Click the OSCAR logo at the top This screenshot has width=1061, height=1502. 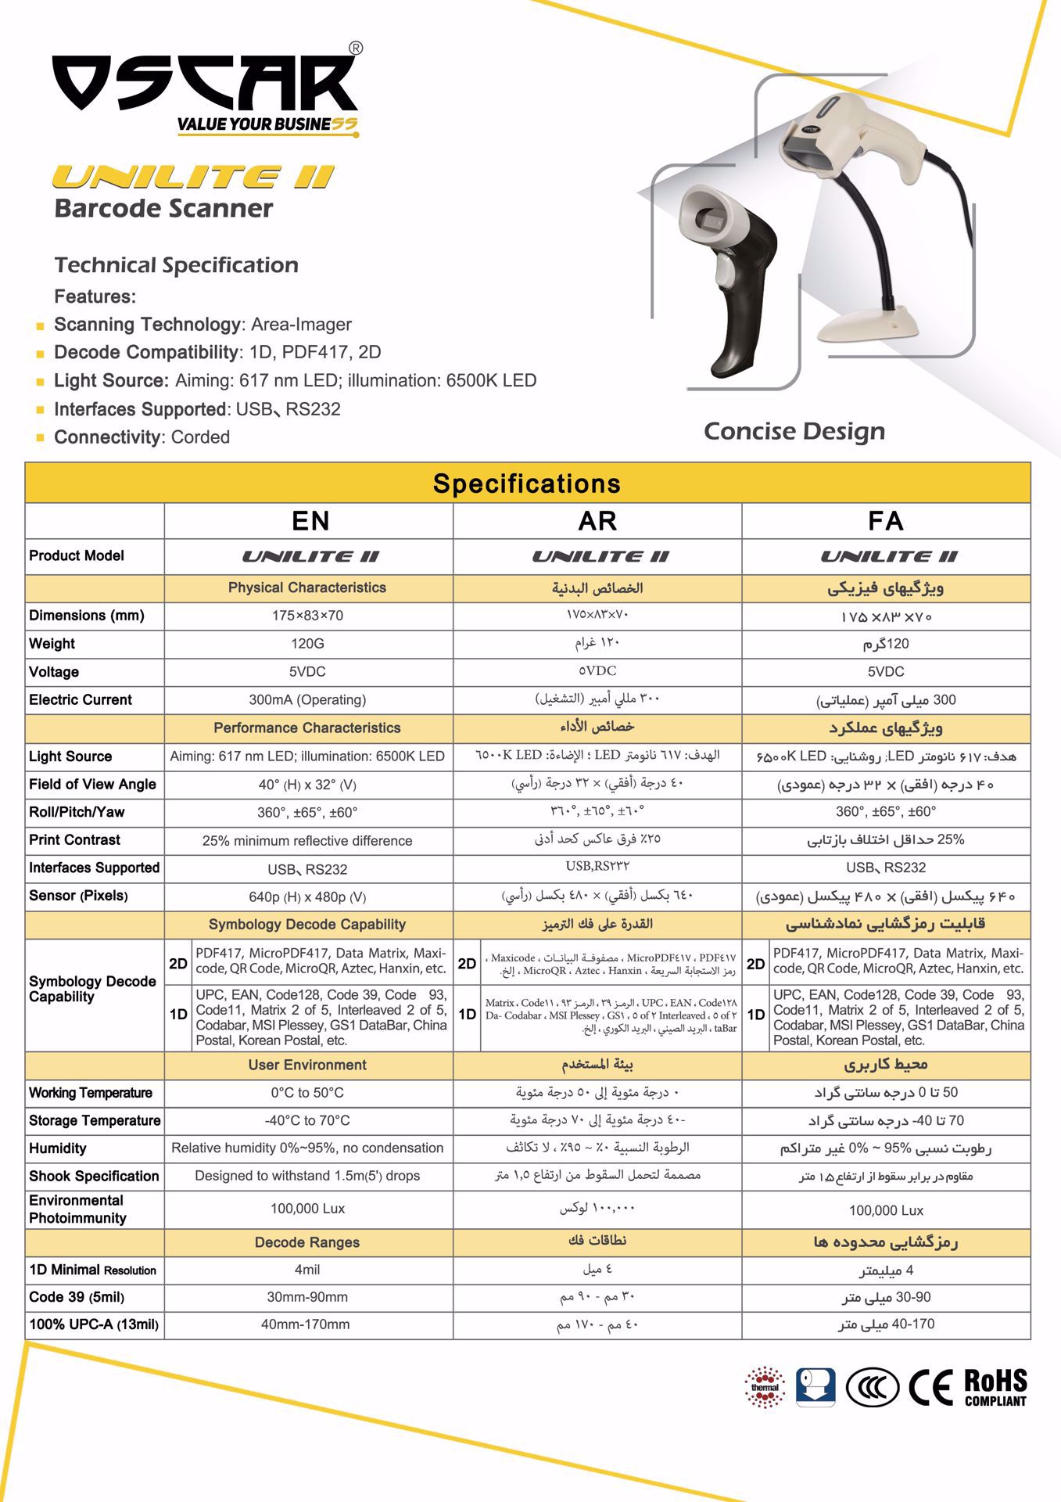(205, 84)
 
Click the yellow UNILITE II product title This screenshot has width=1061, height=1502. (193, 178)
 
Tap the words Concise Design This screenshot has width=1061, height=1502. (794, 431)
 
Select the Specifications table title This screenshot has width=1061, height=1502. (527, 483)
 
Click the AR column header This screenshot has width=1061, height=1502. (597, 521)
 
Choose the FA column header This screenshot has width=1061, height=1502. (885, 521)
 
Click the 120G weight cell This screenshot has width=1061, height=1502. (307, 644)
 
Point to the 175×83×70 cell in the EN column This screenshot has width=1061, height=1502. (307, 616)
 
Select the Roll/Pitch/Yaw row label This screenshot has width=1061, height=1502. (77, 812)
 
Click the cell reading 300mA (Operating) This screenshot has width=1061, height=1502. (307, 700)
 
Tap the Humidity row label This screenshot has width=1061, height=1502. (58, 1148)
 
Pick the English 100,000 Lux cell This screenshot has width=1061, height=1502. (307, 1209)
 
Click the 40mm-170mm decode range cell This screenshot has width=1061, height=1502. (307, 1324)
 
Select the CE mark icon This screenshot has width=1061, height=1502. (930, 1388)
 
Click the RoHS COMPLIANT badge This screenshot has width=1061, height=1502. (995, 1388)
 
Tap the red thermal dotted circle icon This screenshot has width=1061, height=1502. (765, 1388)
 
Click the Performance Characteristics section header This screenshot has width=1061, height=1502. (307, 728)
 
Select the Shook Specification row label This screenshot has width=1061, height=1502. (94, 1177)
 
